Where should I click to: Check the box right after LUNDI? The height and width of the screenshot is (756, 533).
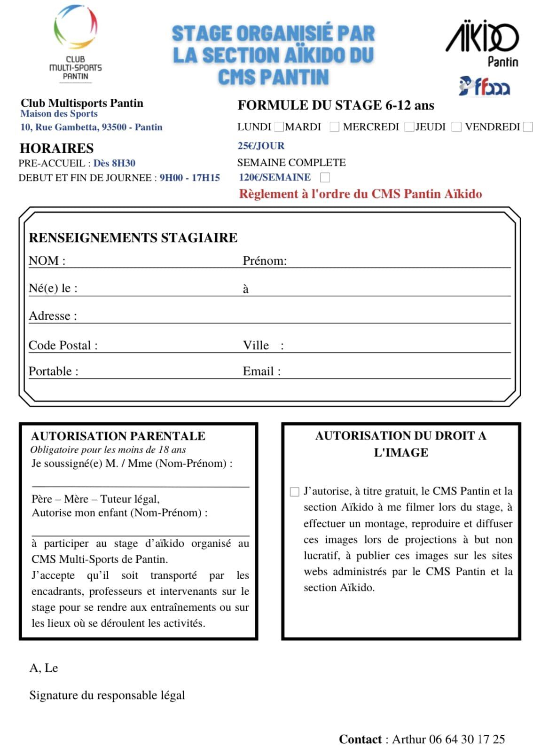pyautogui.click(x=279, y=127)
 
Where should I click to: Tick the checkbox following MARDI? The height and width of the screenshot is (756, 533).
pyautogui.click(x=334, y=127)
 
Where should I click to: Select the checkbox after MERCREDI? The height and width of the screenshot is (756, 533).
pyautogui.click(x=409, y=127)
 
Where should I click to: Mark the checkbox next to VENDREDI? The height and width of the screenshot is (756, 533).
pyautogui.click(x=528, y=127)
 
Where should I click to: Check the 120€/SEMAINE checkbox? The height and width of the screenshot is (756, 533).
pyautogui.click(x=325, y=177)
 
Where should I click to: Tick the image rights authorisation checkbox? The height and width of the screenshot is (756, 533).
pyautogui.click(x=295, y=492)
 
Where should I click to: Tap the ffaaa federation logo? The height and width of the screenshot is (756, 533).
pyautogui.click(x=484, y=86)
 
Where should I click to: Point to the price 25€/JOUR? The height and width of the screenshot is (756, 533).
pyautogui.click(x=261, y=146)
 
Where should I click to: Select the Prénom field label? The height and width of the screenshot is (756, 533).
pyautogui.click(x=265, y=261)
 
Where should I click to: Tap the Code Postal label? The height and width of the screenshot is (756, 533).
pyautogui.click(x=63, y=346)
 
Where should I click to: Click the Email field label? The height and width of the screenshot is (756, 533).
pyautogui.click(x=261, y=371)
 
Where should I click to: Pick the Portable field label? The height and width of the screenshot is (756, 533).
pyautogui.click(x=53, y=371)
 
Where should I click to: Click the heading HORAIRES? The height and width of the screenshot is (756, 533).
pyautogui.click(x=56, y=149)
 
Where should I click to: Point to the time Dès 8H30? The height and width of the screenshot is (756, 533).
pyautogui.click(x=114, y=163)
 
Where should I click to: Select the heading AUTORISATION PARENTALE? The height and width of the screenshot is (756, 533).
pyautogui.click(x=118, y=436)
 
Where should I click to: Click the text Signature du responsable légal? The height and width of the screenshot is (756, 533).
pyautogui.click(x=107, y=695)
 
